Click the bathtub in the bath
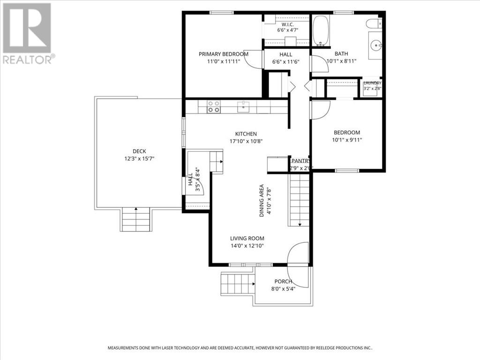321,30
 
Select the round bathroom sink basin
375,46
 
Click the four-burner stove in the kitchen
213,107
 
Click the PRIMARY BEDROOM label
224,54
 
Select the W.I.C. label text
288,24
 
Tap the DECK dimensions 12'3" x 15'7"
139,158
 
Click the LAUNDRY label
373,83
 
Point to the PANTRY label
301,161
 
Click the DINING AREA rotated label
262,201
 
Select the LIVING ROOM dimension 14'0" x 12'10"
247,246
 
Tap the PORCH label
283,281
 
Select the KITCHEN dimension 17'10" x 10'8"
246,141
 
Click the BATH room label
341,54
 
